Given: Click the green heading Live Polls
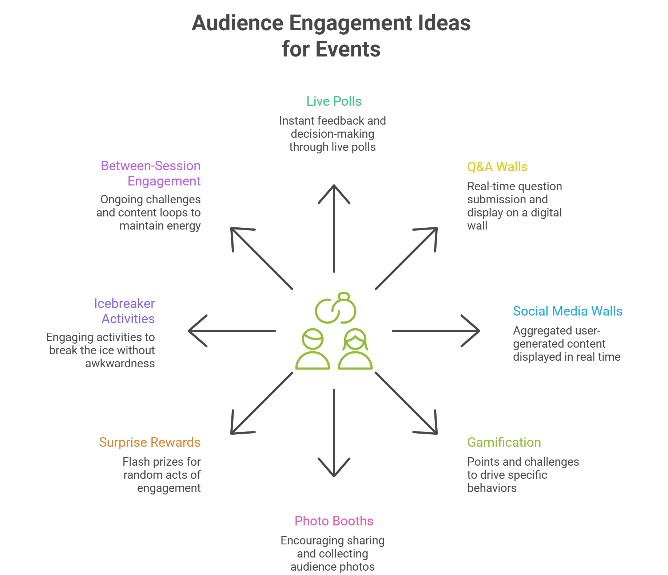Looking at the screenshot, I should pos(334,101).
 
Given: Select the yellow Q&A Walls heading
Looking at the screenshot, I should pos(497,167).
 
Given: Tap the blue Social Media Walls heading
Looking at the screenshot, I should pos(567,311).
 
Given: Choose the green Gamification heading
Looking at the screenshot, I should pos(504,442).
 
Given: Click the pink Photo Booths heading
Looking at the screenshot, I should pos(334,521).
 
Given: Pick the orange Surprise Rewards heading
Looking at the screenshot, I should pos(150,442).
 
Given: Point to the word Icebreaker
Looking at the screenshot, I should pos(124,304).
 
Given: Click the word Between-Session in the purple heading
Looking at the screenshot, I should pos(150,166).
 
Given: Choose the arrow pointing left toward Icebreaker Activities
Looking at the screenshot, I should pos(232,331).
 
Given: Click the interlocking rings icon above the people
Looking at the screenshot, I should pos(335,309).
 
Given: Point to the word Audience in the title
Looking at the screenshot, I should pos(237,23).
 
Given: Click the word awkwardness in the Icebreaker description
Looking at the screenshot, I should pos(120,364).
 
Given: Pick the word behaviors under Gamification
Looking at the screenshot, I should pos(492,488).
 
